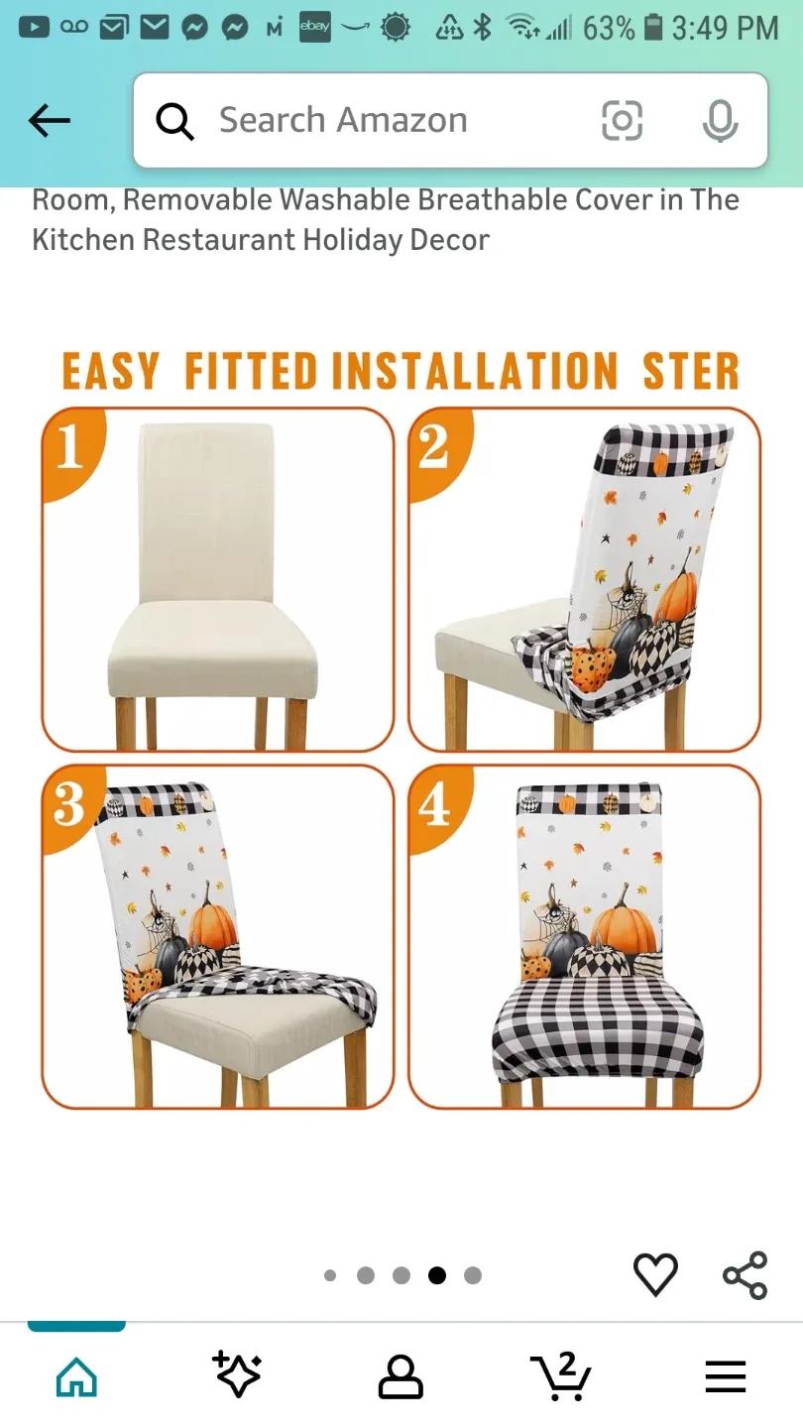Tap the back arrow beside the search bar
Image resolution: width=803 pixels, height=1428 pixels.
(50, 121)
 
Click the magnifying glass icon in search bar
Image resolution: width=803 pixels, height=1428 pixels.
(174, 122)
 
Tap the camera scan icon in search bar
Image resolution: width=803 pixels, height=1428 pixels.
(623, 121)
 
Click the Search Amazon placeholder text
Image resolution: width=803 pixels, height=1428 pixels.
(343, 121)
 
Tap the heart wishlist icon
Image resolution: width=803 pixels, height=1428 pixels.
(655, 1274)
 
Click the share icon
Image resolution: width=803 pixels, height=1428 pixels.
(746, 1275)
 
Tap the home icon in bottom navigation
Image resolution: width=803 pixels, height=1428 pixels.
(76, 1376)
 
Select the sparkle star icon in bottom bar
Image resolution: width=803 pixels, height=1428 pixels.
(238, 1374)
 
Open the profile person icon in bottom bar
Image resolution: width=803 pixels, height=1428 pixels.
(401, 1376)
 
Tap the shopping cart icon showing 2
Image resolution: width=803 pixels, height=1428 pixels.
(561, 1374)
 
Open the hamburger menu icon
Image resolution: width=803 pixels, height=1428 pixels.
(726, 1376)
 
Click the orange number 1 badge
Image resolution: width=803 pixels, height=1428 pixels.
(69, 446)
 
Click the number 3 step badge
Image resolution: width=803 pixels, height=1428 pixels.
(69, 803)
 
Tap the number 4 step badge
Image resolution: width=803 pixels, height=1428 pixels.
(434, 805)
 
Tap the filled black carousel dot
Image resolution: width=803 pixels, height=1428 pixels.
(437, 1275)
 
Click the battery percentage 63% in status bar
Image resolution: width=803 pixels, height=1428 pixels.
(608, 28)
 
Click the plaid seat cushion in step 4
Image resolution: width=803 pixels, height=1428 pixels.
(599, 1031)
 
